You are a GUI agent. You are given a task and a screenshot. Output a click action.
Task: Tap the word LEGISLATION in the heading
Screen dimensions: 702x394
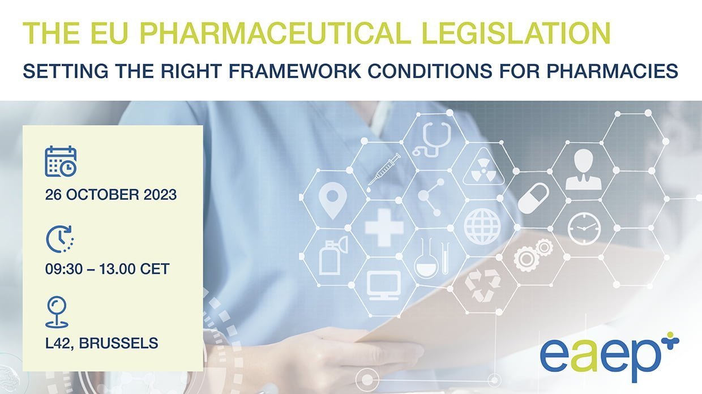pyautogui.click(x=516, y=33)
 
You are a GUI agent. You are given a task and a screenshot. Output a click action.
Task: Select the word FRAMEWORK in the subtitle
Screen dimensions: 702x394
pyautogui.click(x=294, y=71)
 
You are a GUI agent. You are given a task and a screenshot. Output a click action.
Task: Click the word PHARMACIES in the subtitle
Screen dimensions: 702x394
pyautogui.click(x=613, y=71)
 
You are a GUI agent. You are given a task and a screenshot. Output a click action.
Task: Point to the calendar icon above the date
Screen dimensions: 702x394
pyautogui.click(x=61, y=161)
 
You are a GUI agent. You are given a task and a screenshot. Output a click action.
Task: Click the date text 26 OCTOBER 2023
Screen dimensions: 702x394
pyautogui.click(x=111, y=195)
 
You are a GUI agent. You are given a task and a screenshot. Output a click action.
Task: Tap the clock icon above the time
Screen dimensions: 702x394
pyautogui.click(x=60, y=239)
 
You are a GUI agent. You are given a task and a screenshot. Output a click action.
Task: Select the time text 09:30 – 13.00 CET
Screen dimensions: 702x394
pyautogui.click(x=107, y=269)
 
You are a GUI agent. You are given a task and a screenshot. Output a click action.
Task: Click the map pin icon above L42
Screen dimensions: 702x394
pyautogui.click(x=57, y=312)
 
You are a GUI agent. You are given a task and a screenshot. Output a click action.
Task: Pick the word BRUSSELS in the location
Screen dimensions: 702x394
pyautogui.click(x=118, y=343)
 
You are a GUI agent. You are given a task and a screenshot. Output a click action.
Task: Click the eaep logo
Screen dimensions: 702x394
pyautogui.click(x=610, y=357)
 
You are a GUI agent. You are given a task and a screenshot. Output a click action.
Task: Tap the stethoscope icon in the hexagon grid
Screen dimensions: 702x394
pyautogui.click(x=432, y=139)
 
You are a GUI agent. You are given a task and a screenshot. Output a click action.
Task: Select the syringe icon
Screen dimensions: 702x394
pyautogui.click(x=384, y=172)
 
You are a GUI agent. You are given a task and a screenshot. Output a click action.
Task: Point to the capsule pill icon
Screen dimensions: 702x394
pyautogui.click(x=533, y=198)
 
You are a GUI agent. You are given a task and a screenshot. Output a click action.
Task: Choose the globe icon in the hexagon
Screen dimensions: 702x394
pyautogui.click(x=482, y=226)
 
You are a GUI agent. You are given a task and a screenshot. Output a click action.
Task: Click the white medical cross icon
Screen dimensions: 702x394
pyautogui.click(x=384, y=228)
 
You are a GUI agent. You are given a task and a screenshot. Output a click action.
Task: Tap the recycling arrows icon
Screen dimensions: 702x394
pyautogui.click(x=482, y=285)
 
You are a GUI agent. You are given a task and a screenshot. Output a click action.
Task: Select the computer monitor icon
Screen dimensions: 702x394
pyautogui.click(x=384, y=285)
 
